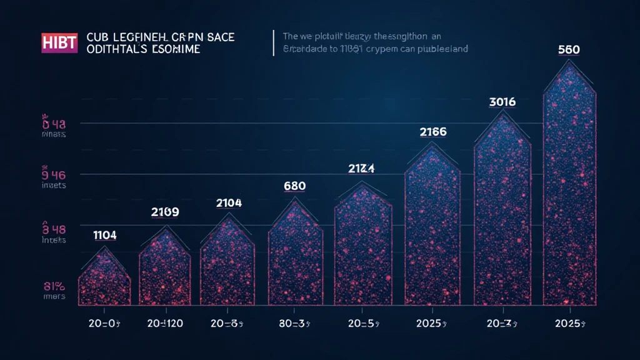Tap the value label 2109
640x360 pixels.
click(x=165, y=212)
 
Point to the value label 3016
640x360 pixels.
click(x=502, y=101)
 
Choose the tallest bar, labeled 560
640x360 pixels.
click(x=570, y=187)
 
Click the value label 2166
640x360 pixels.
click(x=432, y=132)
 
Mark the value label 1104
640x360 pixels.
click(x=104, y=235)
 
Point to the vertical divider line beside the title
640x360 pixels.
click(x=274, y=43)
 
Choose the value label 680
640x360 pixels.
click(x=296, y=186)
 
